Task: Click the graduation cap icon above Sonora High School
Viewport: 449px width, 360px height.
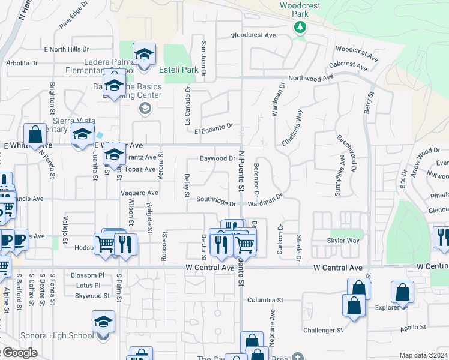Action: click(103, 322)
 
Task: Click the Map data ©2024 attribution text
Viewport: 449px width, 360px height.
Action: click(424, 355)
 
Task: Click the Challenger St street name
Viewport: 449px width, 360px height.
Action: click(322, 330)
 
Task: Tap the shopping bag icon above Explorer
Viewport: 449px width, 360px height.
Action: click(402, 293)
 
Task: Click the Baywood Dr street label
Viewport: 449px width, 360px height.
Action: click(217, 159)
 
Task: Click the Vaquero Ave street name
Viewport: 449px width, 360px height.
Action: click(139, 193)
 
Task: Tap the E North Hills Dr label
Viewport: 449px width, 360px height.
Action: click(65, 49)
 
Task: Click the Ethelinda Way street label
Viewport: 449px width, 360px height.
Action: click(292, 128)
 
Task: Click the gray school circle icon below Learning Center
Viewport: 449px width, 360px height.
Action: click(144, 109)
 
